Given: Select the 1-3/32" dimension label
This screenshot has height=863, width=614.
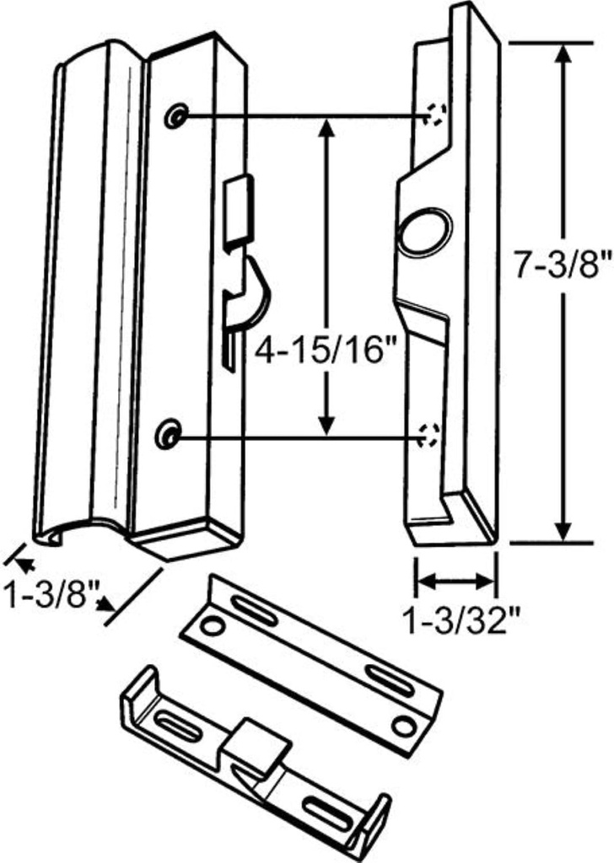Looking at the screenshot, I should (455, 623).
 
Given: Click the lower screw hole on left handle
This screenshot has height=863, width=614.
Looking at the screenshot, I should (170, 435).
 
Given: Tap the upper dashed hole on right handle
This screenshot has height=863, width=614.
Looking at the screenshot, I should (435, 115).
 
